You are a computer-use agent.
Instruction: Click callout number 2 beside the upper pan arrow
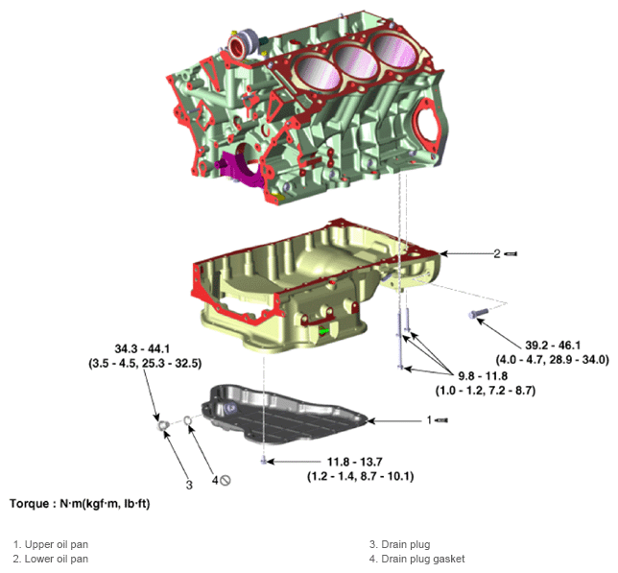tap(497, 253)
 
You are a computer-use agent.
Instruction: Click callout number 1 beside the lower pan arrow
tap(429, 419)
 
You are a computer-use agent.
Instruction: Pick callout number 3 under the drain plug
tap(189, 485)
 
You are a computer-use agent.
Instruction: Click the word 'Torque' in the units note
tap(30, 503)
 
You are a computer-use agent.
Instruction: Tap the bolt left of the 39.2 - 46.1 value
tap(477, 313)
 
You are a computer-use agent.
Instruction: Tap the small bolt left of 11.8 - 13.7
tap(262, 462)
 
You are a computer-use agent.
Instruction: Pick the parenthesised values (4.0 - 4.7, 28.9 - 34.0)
tap(554, 360)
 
